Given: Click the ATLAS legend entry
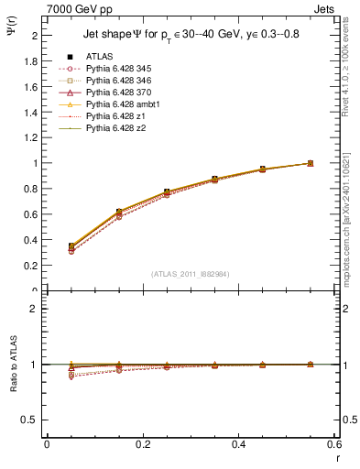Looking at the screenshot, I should (x=99, y=56).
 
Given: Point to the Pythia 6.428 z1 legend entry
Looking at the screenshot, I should (x=115, y=116).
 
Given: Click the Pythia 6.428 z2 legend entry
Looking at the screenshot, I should (x=115, y=128).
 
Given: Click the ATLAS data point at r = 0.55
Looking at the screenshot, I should (x=311, y=163).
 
